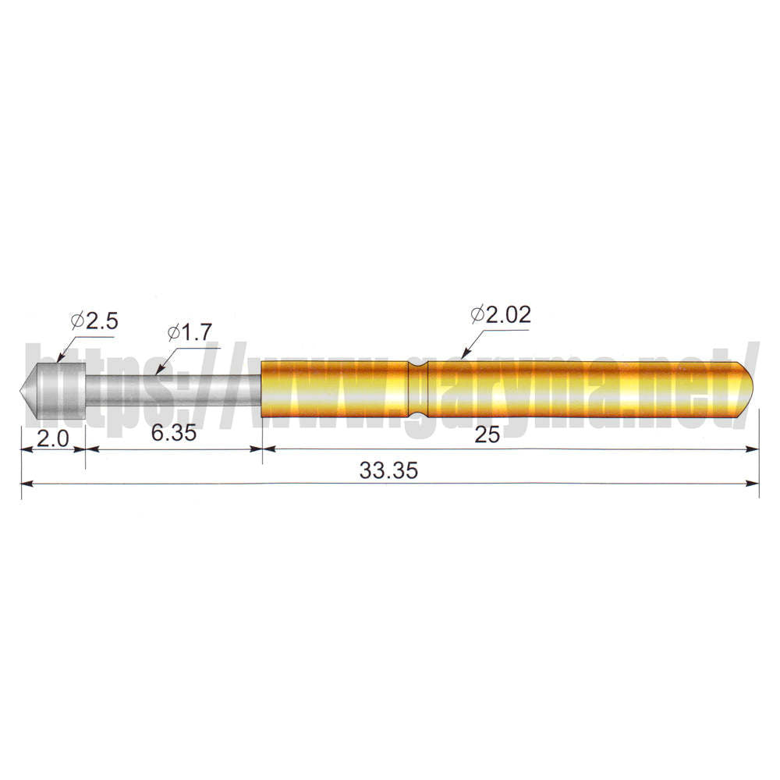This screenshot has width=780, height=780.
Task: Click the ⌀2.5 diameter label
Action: pyautogui.click(x=94, y=321)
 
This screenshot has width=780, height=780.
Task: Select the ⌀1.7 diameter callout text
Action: pyautogui.click(x=190, y=332)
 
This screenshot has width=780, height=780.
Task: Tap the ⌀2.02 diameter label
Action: pyautogui.click(x=501, y=314)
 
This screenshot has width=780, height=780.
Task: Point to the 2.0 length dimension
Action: pyautogui.click(x=53, y=438)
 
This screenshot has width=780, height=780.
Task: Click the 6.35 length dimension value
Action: pyautogui.click(x=174, y=433)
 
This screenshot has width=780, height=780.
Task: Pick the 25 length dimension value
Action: pyautogui.click(x=487, y=434)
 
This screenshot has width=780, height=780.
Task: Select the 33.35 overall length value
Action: pyautogui.click(x=388, y=470)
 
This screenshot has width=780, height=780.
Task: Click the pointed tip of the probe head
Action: pyautogui.click(x=21, y=391)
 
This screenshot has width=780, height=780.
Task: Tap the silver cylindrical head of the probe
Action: pyautogui.click(x=60, y=391)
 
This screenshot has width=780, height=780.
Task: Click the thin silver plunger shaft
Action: pyautogui.click(x=173, y=391)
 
